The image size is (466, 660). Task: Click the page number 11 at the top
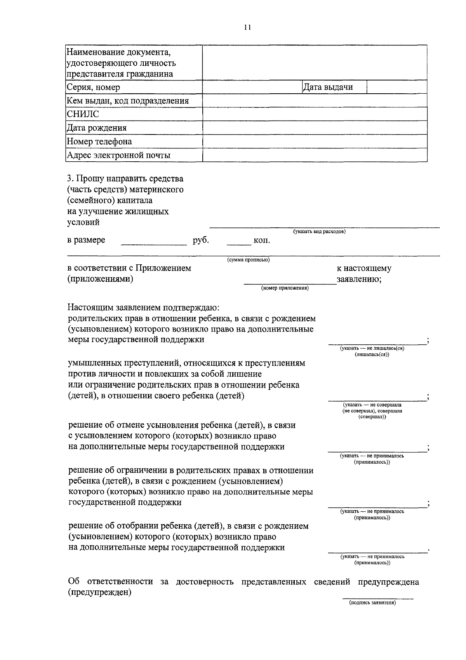(248, 27)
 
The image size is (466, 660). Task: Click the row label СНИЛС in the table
(83, 114)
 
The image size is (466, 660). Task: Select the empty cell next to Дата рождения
(315, 128)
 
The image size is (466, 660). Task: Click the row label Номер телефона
(99, 141)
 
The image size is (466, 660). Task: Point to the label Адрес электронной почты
(118, 155)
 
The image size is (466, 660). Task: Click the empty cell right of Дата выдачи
(396, 87)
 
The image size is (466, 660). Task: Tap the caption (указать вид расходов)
(319, 232)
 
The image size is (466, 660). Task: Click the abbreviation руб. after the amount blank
(201, 240)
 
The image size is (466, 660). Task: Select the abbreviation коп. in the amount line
(262, 241)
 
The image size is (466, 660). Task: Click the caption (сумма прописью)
(248, 260)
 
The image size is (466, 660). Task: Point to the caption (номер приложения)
(285, 288)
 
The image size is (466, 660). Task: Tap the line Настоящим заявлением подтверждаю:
(143, 308)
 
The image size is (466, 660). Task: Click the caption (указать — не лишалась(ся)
(372, 348)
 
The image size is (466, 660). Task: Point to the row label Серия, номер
(93, 87)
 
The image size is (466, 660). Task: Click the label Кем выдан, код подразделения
(128, 101)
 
